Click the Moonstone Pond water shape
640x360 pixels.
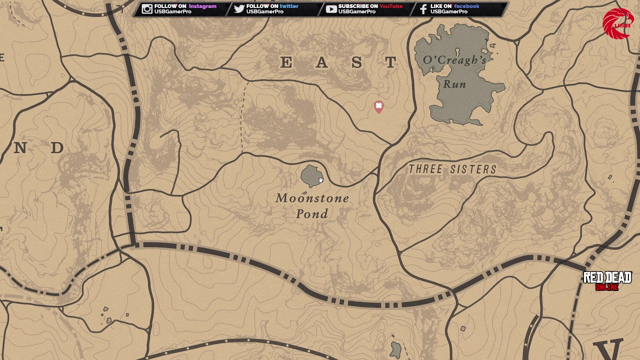[310, 175]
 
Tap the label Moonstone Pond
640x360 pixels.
[312, 205]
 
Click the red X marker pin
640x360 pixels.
[378, 106]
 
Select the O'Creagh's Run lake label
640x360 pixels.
[454, 71]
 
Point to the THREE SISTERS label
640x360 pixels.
[452, 169]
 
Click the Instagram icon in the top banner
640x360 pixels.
[146, 9]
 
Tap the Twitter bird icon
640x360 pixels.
[239, 9]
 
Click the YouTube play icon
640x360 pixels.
[331, 9]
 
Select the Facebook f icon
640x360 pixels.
[423, 9]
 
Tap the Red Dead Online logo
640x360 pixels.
[607, 281]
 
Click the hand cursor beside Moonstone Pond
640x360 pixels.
[320, 180]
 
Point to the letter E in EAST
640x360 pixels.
[286, 62]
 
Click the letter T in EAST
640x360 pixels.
[391, 62]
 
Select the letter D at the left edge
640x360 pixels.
[57, 147]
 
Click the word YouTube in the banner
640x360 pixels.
[390, 6]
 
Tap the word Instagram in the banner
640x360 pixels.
[202, 6]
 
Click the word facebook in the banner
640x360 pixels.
[466, 6]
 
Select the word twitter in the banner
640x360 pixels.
[289, 6]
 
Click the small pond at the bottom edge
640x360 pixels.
[396, 350]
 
